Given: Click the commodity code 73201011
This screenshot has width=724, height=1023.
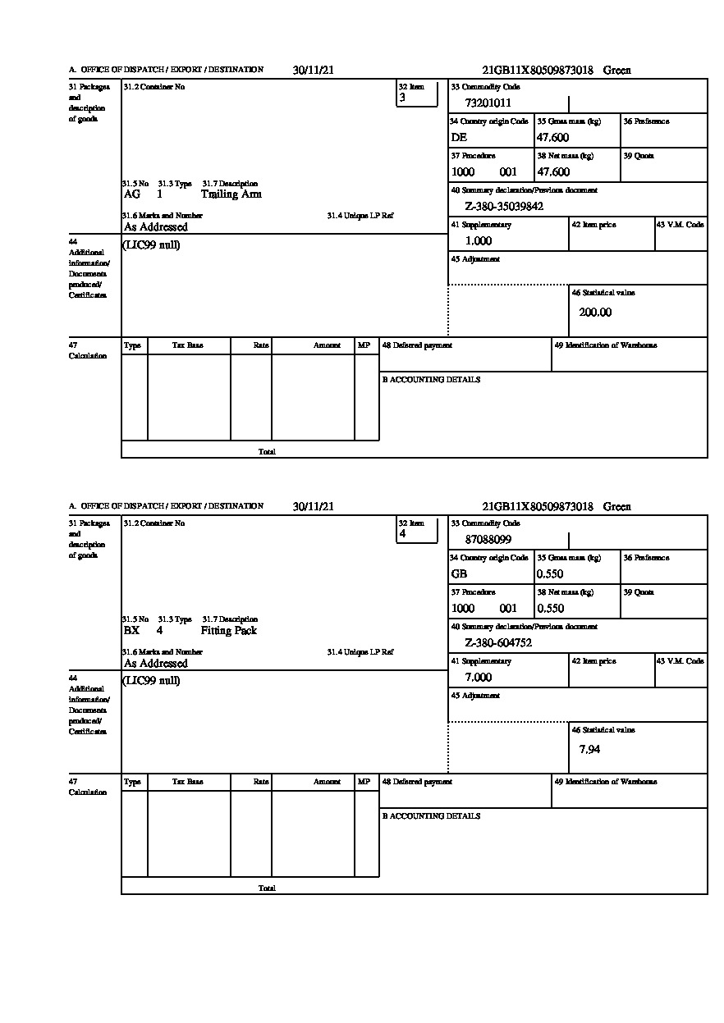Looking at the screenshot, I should point(488,103).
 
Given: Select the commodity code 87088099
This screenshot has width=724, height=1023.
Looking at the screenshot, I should point(488,540).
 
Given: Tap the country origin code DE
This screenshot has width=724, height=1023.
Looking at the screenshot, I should point(459,138).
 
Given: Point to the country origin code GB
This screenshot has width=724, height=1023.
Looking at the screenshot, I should point(459,574).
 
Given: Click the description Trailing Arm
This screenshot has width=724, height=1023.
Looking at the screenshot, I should point(231,194).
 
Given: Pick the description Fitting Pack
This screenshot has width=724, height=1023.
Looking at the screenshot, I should point(228,631).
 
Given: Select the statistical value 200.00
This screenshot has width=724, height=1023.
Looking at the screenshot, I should point(595,313).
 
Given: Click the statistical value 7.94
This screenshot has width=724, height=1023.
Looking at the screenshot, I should point(589,749).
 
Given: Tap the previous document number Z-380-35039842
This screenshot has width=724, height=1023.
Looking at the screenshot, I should point(504,207).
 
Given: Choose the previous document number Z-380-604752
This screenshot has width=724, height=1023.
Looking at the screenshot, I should point(498,643).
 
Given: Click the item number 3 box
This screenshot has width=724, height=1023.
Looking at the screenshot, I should point(417,97).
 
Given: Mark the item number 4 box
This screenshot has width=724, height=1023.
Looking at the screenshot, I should point(417,533).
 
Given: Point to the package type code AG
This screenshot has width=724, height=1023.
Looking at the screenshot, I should point(131,194).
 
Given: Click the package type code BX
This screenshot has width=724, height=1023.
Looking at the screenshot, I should point(131,631).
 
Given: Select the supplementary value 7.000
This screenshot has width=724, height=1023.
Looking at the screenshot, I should point(478,678).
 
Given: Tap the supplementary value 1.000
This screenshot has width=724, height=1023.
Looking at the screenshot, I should point(478,241).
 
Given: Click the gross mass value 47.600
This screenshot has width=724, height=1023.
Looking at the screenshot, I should point(552,138).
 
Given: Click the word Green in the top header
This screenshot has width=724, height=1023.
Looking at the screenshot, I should point(617,71).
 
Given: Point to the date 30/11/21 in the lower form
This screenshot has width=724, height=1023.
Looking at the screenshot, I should point(313,507).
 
